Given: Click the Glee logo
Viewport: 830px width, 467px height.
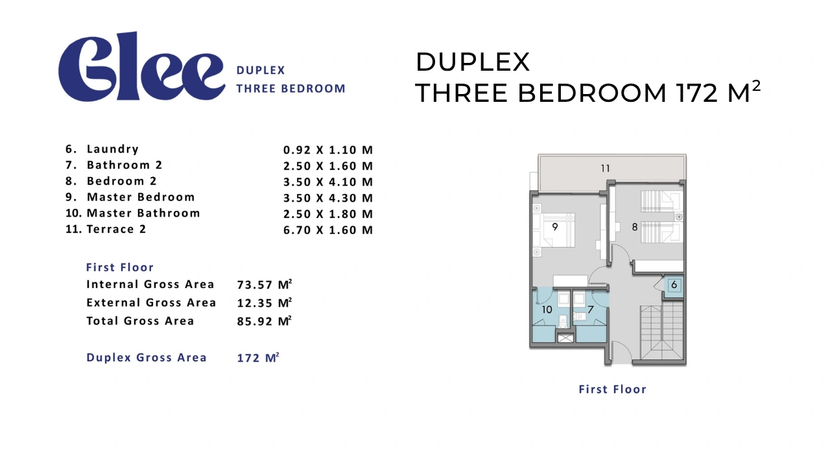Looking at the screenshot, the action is (x=141, y=67).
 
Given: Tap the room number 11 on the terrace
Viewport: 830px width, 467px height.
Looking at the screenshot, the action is (x=605, y=169).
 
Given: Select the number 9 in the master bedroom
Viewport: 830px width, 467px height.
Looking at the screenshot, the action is (x=554, y=226).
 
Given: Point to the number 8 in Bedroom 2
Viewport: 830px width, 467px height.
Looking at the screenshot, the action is (x=635, y=227).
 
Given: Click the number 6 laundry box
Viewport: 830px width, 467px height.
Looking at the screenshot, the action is (x=674, y=285).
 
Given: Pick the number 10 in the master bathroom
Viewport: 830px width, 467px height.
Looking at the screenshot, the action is (x=547, y=309).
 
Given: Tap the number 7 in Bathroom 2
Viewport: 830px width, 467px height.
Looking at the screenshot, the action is (x=591, y=309).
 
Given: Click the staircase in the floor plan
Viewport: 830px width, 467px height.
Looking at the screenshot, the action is (x=662, y=332).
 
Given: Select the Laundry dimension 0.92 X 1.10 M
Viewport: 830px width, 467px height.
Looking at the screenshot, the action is (x=328, y=150).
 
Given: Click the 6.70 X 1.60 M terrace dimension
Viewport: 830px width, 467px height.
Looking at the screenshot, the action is (x=328, y=230).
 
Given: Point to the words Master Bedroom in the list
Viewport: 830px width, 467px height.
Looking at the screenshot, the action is (x=141, y=197).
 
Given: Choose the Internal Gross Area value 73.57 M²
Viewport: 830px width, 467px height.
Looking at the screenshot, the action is (x=265, y=285).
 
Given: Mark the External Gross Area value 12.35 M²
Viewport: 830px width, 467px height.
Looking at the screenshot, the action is (x=265, y=303).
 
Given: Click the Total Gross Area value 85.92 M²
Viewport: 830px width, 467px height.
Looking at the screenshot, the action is (x=265, y=321).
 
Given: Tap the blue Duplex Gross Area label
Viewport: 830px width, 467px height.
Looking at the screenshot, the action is (x=147, y=357).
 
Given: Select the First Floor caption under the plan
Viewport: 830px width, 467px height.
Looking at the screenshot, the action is (x=613, y=389).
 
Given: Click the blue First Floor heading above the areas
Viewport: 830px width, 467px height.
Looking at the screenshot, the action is (x=120, y=267).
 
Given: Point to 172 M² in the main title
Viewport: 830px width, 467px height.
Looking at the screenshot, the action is (x=718, y=91).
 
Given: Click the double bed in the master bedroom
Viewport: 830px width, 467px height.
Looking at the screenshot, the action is (x=554, y=230).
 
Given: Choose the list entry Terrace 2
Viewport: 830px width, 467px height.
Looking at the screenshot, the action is (x=116, y=230).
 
